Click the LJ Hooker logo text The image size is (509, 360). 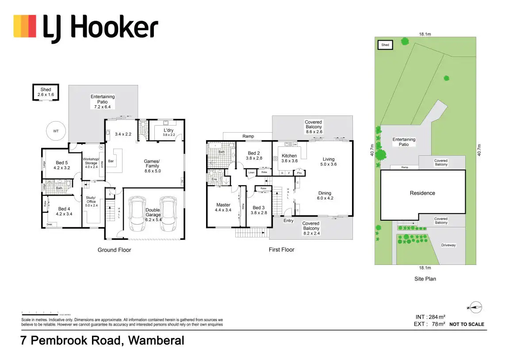tap(100, 27)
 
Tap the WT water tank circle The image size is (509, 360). tap(56, 131)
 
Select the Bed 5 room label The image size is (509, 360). tap(62, 165)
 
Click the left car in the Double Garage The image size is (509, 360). tap(136, 214)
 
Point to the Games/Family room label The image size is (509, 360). tap(152, 164)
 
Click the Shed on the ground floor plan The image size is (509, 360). tap(46, 92)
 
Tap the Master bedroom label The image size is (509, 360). tap(223, 207)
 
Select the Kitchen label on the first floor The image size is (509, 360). tap(289, 158)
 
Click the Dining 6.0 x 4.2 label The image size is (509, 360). tap(325, 195)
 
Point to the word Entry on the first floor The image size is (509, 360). tap(288, 221)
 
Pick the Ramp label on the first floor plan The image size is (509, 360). tap(248, 136)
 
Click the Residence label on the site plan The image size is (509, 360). tap(422, 193)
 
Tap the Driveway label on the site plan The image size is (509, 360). tap(448, 245)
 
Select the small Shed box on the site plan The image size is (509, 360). tap(385, 45)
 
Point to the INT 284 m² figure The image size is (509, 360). tap(430, 317)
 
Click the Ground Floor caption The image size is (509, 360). tap(114, 250)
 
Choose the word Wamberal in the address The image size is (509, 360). tap(157, 341)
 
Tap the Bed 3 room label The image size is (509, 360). tap(258, 210)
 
